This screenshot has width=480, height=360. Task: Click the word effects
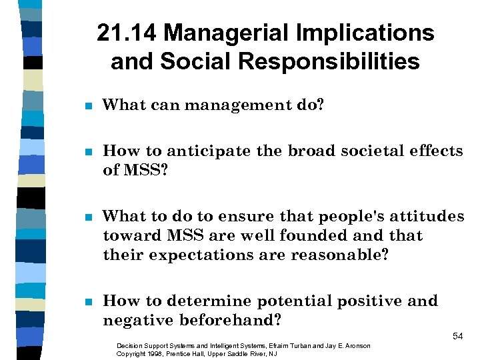(432, 151)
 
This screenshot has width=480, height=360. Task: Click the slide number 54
(458, 337)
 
